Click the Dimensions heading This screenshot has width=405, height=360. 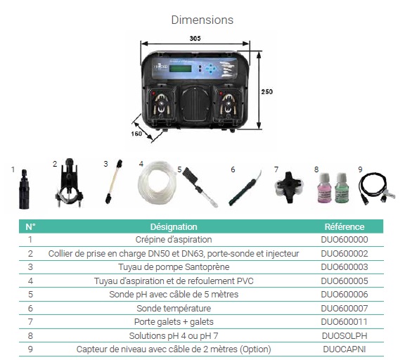[x=202, y=20]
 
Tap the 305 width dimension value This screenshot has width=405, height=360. [x=195, y=39]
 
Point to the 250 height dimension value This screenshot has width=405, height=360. [x=266, y=91]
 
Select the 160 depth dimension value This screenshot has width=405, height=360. [x=136, y=134]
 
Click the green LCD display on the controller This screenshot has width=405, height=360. [x=180, y=68]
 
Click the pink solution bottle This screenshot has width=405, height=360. [x=324, y=188]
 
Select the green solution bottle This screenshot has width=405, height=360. [x=342, y=188]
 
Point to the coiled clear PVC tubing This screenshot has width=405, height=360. [x=157, y=184]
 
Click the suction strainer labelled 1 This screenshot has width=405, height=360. [x=24, y=189]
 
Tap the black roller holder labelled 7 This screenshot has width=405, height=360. [x=289, y=187]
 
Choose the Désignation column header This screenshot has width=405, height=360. [x=174, y=226]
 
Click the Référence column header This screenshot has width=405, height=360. [x=345, y=226]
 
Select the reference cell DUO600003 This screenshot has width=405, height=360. [x=345, y=266]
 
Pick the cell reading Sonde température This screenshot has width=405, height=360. [x=174, y=308]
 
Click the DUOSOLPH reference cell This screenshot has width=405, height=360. [x=345, y=335]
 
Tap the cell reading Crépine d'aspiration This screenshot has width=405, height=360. [x=174, y=239]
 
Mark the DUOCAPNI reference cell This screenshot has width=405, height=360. [x=345, y=349]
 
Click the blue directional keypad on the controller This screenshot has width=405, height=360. [x=211, y=69]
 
